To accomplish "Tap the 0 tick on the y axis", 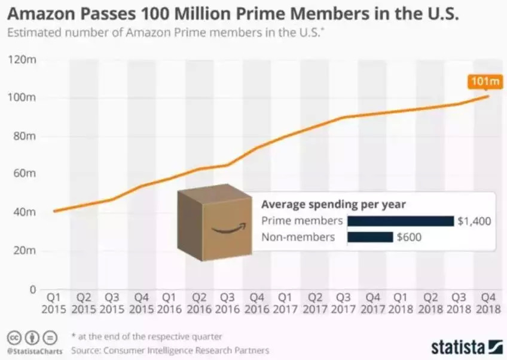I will (x=32, y=290).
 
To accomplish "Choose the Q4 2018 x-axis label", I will (x=488, y=302).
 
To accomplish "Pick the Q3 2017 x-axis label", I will (x=343, y=302).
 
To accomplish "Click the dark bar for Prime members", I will (x=400, y=221).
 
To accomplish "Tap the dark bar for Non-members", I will (x=370, y=237).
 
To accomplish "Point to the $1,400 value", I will (x=474, y=221).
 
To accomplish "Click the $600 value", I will (x=409, y=238).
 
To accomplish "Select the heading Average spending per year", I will (x=334, y=204).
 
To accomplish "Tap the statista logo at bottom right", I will (x=466, y=347).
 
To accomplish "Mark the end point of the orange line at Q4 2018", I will (x=489, y=96).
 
